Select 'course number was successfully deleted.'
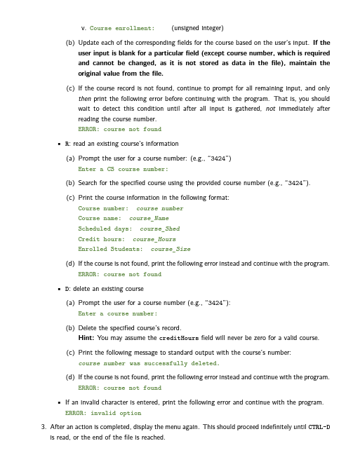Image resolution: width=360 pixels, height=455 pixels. coord(149,364)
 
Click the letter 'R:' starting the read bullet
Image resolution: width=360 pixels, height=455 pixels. coord(68,142)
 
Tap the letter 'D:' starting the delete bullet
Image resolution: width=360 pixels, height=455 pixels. coord(68,289)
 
